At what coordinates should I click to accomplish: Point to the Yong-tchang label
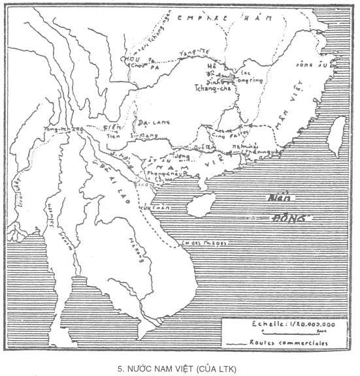[59, 129]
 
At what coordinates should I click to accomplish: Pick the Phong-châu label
[163, 174]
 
